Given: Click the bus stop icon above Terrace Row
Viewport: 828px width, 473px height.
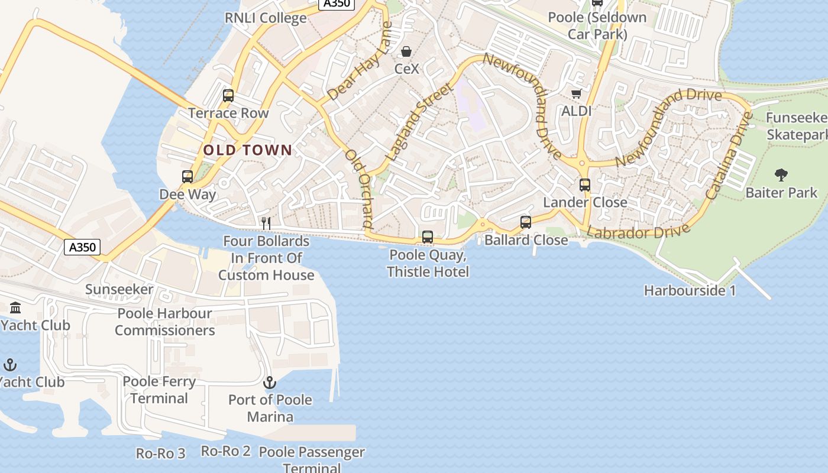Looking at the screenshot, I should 228,96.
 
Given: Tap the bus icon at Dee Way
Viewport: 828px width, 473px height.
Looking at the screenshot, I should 187,177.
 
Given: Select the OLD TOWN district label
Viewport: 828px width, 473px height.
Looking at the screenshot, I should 248,150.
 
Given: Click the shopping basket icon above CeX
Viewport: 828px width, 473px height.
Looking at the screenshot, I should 406,52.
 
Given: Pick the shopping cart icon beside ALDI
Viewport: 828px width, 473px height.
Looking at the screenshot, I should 577,93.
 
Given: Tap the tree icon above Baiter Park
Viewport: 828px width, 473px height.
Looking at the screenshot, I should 781,175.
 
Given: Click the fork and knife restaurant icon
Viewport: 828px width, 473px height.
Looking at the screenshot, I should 266,223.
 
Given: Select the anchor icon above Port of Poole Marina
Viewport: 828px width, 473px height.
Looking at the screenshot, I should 270,383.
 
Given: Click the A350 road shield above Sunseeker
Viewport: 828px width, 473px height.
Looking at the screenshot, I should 82,247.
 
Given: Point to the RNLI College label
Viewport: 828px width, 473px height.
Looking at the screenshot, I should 266,18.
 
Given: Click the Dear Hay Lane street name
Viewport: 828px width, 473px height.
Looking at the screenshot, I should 360,61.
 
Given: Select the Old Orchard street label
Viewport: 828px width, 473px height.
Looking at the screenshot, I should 360,189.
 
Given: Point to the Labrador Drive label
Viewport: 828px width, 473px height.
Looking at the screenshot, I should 638,231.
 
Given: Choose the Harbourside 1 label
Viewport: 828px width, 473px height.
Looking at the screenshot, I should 690,291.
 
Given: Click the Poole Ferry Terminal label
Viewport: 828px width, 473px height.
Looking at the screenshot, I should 159,390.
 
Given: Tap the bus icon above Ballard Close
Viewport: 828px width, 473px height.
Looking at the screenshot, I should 526,222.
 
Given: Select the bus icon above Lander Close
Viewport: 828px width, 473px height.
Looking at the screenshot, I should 585,185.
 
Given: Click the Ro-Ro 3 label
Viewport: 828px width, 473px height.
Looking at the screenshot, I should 161,453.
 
